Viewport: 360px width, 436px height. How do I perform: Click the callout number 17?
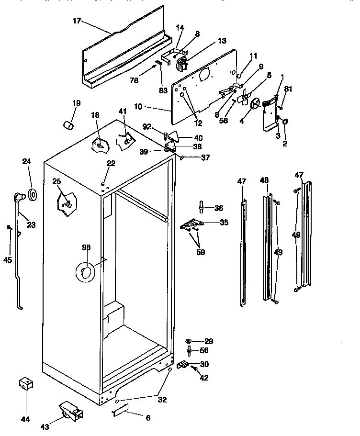point(77,21)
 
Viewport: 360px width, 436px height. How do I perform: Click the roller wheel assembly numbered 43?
point(71,411)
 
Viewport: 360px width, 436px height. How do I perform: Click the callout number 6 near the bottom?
point(148,418)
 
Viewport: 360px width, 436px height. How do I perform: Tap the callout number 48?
point(264,180)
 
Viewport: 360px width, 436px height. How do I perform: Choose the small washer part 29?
point(188,341)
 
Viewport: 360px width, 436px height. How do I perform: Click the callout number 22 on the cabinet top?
point(111,164)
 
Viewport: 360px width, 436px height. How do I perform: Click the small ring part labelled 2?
point(285,122)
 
